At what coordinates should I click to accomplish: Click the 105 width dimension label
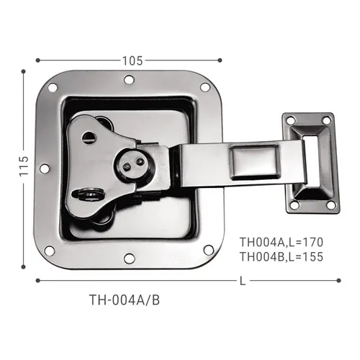132,60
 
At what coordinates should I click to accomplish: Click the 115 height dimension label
24,166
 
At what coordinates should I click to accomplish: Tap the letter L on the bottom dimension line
243,281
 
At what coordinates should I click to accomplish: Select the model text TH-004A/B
125,300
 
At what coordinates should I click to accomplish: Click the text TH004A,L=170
282,242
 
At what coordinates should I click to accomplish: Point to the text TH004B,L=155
282,257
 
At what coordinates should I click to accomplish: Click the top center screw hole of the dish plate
129,80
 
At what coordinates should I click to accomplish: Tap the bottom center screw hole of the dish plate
128,258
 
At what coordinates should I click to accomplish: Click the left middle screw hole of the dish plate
45,168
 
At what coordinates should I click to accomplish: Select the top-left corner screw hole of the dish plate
53,88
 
